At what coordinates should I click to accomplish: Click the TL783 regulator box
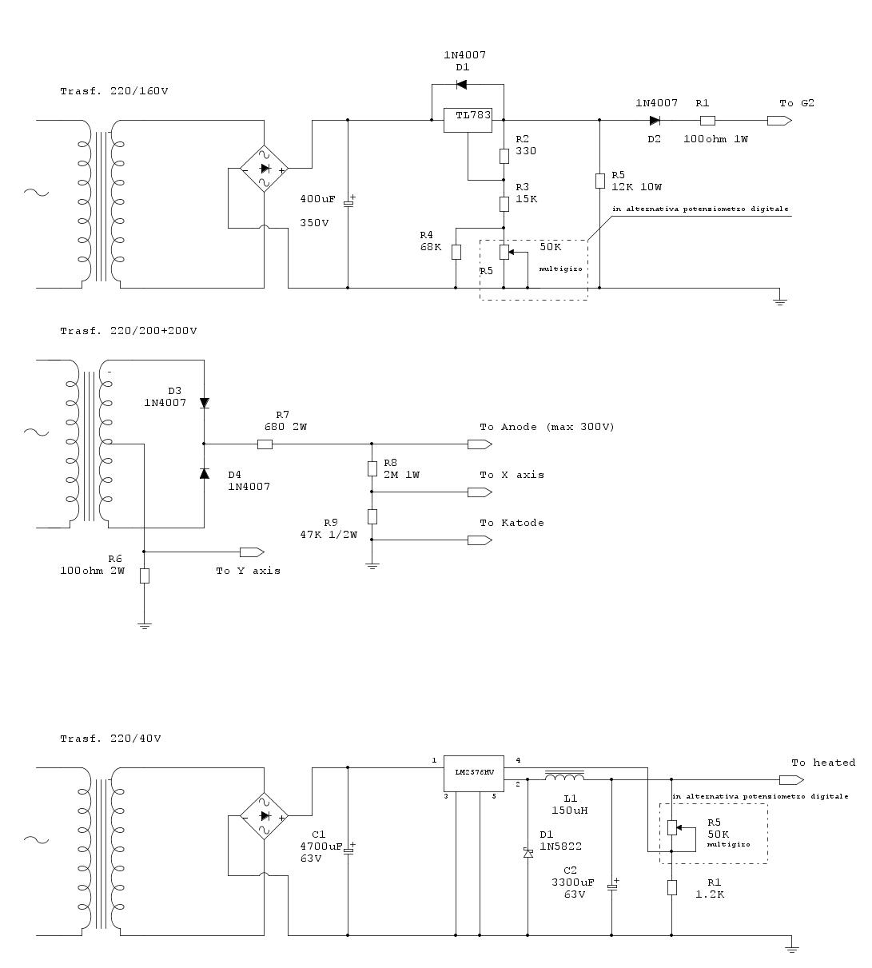click(x=468, y=120)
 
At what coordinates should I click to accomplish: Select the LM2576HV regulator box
click(x=473, y=773)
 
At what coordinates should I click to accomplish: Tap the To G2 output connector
click(x=779, y=120)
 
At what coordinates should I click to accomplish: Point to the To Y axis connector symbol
click(x=252, y=552)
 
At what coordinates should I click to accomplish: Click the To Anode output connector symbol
click(x=480, y=444)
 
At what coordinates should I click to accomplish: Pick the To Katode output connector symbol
click(x=480, y=540)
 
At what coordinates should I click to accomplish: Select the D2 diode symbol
click(x=655, y=120)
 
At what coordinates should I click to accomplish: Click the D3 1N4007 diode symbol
click(x=204, y=403)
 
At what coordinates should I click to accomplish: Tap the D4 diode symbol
click(x=204, y=473)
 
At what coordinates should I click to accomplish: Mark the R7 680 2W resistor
click(x=265, y=444)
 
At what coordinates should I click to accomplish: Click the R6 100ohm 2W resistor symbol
click(x=145, y=576)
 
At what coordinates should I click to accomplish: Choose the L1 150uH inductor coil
click(x=564, y=777)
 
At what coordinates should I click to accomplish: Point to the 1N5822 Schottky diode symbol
click(x=528, y=853)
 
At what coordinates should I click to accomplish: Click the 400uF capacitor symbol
click(x=348, y=203)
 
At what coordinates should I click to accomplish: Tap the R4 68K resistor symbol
click(x=456, y=252)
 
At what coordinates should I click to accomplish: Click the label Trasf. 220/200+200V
click(x=129, y=331)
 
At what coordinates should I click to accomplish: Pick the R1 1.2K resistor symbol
click(x=671, y=887)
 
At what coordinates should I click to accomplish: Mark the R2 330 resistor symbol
click(x=504, y=157)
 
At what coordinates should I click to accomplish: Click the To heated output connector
click(x=791, y=779)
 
